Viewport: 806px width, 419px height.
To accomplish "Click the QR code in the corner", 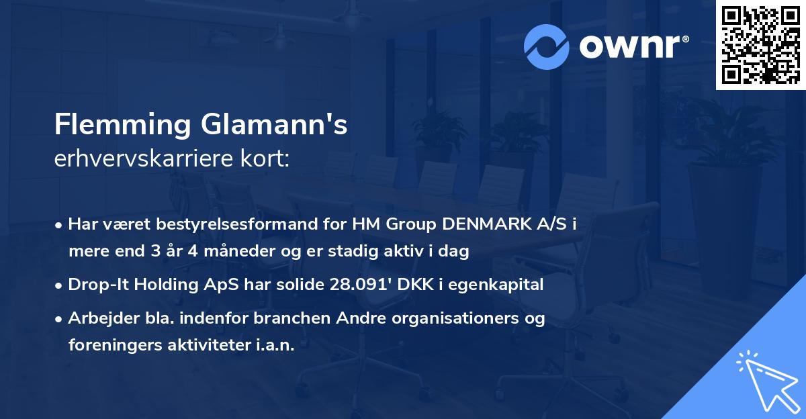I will pos(761,45).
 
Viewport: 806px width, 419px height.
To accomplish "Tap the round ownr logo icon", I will pos(547,46).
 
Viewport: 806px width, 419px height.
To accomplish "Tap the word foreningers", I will pos(111,345).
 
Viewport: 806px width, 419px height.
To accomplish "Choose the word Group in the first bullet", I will pos(409,224).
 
